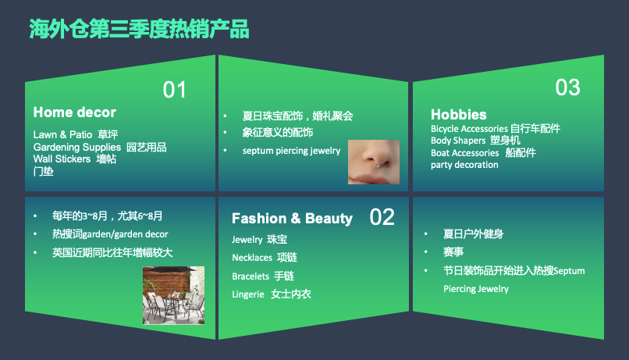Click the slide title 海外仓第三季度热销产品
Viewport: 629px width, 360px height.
pos(139,29)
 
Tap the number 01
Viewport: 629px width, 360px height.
pos(175,90)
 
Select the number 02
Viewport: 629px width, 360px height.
pos(382,216)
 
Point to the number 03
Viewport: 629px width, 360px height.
pos(567,87)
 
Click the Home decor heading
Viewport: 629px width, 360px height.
pos(74,112)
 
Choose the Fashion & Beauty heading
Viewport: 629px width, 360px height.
pos(292,219)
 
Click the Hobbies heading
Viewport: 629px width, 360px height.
pos(458,114)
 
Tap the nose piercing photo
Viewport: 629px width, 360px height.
pos(373,162)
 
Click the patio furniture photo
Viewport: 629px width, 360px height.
pos(173,295)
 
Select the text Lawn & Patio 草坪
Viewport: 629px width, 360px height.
pos(76,134)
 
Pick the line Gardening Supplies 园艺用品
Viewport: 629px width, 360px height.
pos(100,147)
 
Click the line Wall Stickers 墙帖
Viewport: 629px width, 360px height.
pos(75,159)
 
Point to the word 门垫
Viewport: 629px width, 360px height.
pos(43,171)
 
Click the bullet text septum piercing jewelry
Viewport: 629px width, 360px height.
pos(291,150)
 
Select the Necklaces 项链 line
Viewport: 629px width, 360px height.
pos(265,257)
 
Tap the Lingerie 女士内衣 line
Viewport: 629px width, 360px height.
pos(271,294)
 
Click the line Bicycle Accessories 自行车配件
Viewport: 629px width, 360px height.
pos(496,129)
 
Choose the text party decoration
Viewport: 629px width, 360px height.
pos(464,165)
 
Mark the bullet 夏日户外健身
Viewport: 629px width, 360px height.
pos(473,233)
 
